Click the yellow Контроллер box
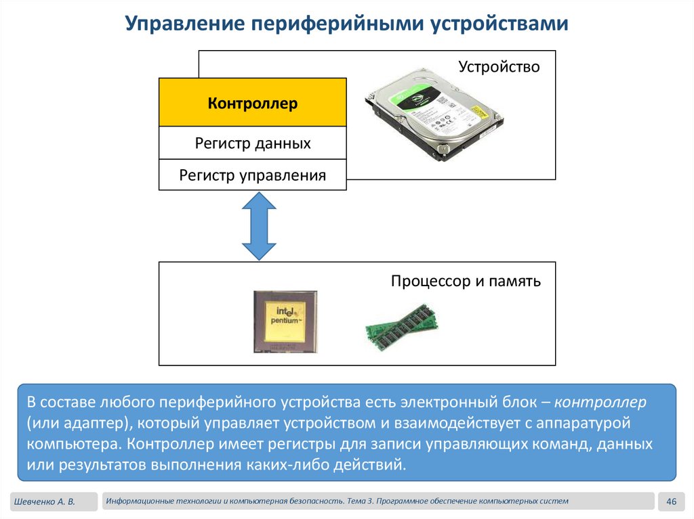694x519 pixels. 252,103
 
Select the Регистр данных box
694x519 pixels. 252,143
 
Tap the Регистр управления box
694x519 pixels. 252,175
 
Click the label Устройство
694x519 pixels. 499,67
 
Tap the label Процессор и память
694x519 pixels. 466,281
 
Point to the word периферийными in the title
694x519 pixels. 339,25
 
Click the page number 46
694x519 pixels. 672,501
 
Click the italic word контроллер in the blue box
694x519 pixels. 600,403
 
